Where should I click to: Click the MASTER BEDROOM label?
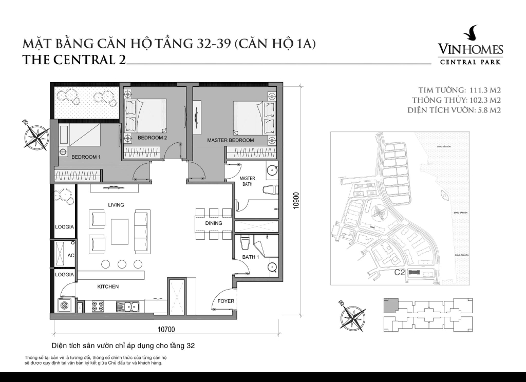[230, 140]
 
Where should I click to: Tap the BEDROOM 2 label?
[153, 138]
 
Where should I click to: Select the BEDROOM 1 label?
[85, 157]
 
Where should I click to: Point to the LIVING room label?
[116, 205]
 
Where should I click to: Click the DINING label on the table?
[214, 223]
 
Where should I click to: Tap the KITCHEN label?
[108, 286]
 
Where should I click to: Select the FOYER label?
[226, 301]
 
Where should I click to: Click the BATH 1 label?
[250, 257]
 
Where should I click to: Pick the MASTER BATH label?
[248, 181]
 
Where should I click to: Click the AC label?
[71, 255]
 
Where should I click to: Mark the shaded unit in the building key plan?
[391, 305]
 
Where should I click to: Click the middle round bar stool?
[122, 264]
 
